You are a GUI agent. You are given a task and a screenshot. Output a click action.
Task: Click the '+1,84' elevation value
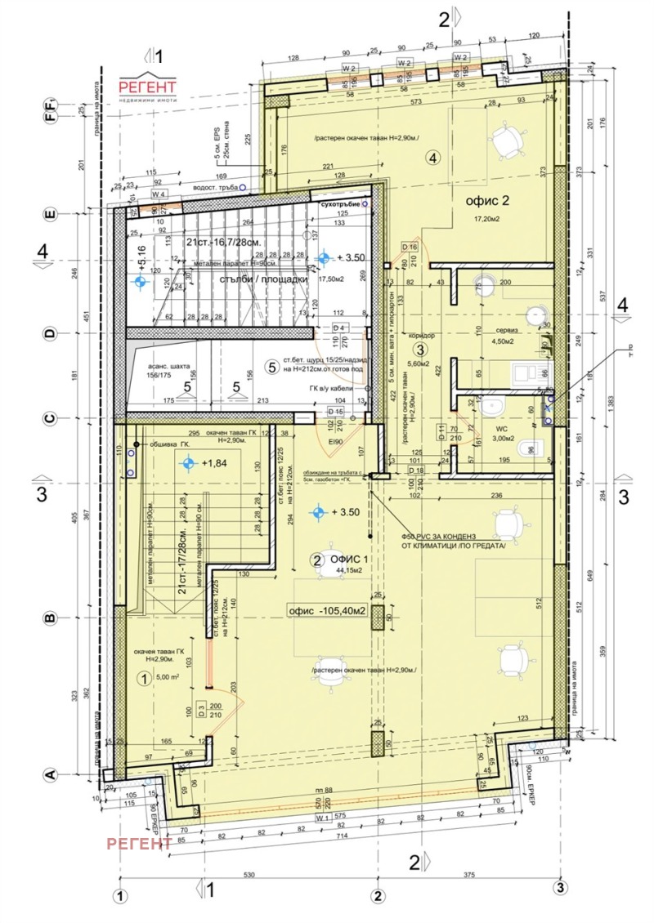coord(215,463)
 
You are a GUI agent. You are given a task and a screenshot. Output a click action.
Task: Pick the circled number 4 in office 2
coord(433,158)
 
